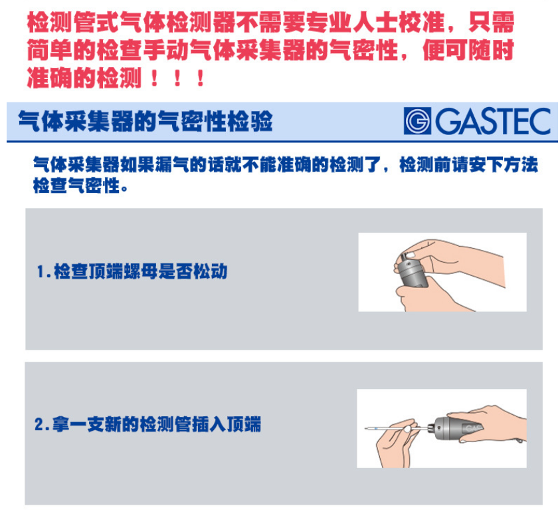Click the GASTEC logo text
(x=493, y=121)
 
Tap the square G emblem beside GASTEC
(x=417, y=121)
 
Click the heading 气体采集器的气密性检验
(x=145, y=122)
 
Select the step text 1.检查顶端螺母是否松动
(x=132, y=271)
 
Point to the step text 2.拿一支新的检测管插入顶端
(x=147, y=424)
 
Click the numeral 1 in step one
(x=41, y=271)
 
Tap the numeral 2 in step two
(x=39, y=425)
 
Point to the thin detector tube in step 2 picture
(x=397, y=428)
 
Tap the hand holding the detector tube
(x=397, y=443)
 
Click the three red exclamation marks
(x=177, y=78)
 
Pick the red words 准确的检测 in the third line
(x=84, y=78)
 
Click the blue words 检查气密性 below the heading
(x=76, y=186)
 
